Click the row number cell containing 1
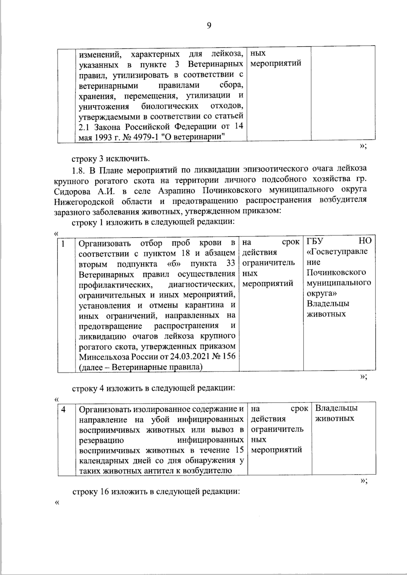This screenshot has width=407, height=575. (63, 243)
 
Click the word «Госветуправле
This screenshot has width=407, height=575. (337, 252)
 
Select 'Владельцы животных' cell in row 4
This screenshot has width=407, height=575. (336, 413)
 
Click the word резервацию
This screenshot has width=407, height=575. (101, 440)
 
